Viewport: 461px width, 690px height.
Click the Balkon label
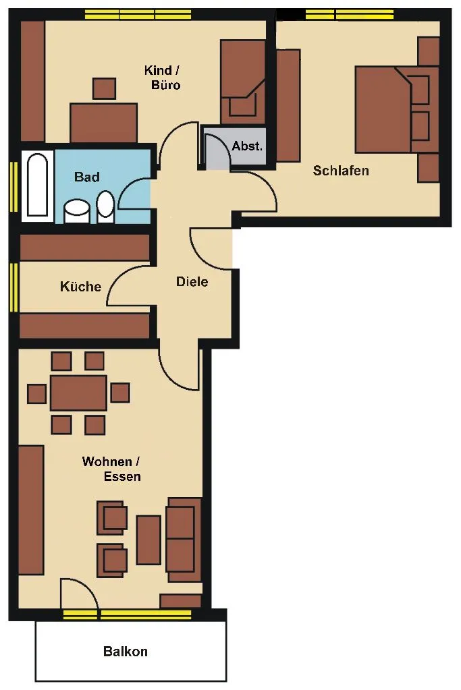tap(126, 652)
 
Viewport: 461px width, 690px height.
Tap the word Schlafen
tap(341, 171)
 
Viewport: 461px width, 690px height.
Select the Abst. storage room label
tap(247, 146)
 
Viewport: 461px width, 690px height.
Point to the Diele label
tap(192, 282)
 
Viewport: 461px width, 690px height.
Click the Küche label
tap(80, 287)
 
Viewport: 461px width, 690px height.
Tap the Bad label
tap(87, 177)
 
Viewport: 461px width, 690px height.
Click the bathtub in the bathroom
tap(37, 185)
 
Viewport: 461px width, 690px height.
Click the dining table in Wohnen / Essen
tap(78, 393)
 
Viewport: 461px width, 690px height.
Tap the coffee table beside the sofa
tap(148, 540)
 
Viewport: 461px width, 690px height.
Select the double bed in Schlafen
tap(397, 109)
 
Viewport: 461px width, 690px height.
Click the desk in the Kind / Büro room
tap(103, 123)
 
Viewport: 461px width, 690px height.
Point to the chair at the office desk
tap(105, 88)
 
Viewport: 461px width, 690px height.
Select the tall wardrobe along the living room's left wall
tap(31, 510)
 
